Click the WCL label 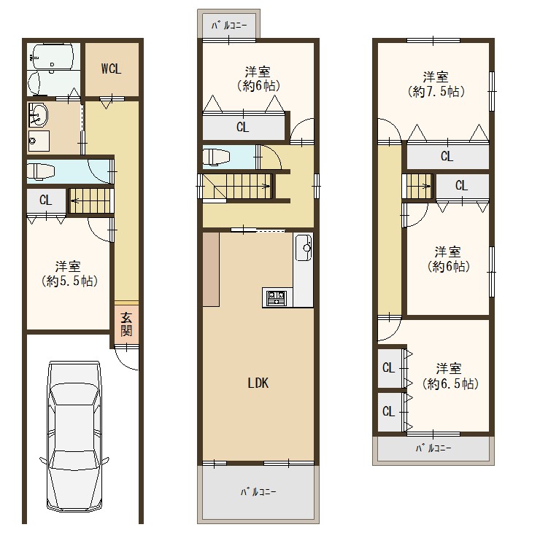(x=111, y=69)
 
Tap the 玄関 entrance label (x=126, y=324)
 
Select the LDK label (x=258, y=383)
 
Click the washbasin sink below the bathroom (x=38, y=114)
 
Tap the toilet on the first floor (x=41, y=171)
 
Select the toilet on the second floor (x=217, y=156)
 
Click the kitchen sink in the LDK (x=304, y=248)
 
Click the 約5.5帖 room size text (x=69, y=281)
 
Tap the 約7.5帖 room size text (x=436, y=92)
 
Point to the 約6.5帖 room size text (x=450, y=383)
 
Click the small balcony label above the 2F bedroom (x=229, y=26)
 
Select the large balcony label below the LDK (x=258, y=491)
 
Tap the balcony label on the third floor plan (x=433, y=448)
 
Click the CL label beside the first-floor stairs (x=46, y=200)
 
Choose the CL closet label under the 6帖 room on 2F (x=242, y=127)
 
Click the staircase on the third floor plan (x=417, y=186)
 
